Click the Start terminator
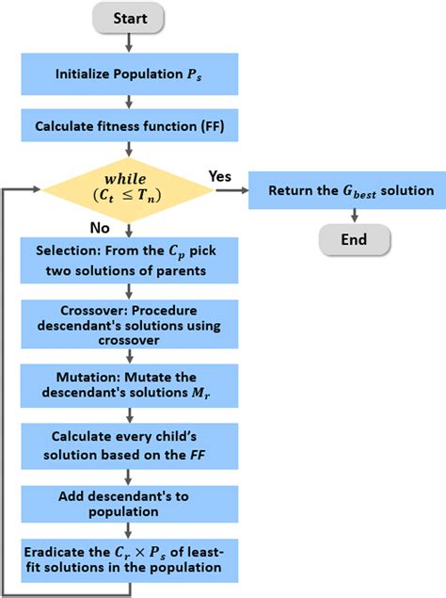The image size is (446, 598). coord(129,18)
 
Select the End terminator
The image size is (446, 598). coord(355,239)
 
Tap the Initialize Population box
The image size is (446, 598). coord(130,74)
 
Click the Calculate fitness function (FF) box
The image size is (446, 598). coord(130,125)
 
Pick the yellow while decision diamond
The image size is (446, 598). coord(128,189)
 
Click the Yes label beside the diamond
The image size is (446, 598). coord(220,176)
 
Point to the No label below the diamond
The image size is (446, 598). coord(100,228)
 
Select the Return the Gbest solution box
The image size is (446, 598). coord(347,190)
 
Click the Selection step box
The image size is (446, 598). coord(129,261)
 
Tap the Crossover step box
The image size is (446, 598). coord(130,324)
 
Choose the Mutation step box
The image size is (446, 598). coord(129,385)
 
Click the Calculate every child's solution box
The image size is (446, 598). coord(130,445)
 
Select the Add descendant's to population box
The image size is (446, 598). coord(130,504)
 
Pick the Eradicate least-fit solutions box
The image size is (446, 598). coord(130,560)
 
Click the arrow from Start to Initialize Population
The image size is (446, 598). coord(129,42)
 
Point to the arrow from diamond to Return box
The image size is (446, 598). coord(231,190)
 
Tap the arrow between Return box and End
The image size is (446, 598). coord(355,216)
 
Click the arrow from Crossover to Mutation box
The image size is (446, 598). coord(130,356)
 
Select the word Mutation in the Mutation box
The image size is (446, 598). coord(88,378)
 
